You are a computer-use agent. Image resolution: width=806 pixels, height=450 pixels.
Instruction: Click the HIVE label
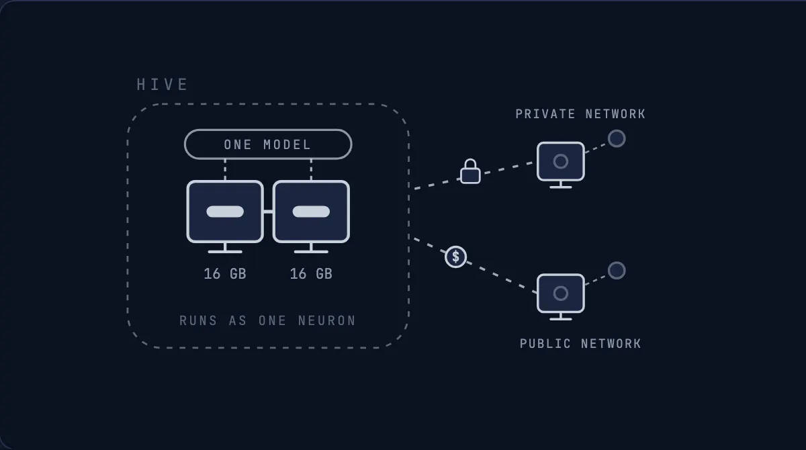coord(162,85)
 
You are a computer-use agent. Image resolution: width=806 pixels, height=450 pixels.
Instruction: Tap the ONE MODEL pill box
coord(268,144)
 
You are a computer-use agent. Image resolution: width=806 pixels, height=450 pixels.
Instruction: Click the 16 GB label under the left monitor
coord(225,274)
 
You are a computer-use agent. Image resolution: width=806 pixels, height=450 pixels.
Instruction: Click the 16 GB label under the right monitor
coord(311,274)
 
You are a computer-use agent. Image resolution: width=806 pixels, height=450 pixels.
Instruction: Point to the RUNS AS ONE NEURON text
coord(268,320)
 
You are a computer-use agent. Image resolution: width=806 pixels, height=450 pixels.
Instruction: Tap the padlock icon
coord(470,171)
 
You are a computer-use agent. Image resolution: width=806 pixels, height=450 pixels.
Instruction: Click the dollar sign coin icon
coord(455,257)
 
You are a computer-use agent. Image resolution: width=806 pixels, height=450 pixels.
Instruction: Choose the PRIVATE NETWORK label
coord(580,114)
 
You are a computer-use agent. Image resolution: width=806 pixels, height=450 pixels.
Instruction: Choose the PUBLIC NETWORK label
coord(580,343)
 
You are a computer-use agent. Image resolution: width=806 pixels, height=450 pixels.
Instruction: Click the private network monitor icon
coord(561,165)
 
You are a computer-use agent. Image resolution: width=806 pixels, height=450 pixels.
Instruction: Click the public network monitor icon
coord(561,297)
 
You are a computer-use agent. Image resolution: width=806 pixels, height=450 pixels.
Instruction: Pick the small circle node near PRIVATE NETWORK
coord(617,138)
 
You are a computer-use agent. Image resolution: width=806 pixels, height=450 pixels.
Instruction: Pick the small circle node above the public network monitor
coord(617,271)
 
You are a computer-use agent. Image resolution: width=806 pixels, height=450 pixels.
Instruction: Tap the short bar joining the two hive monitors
coord(268,212)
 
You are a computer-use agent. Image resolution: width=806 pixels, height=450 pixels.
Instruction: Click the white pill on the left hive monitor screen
coord(225,212)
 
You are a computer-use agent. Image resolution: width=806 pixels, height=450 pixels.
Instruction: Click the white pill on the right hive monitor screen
coord(311,212)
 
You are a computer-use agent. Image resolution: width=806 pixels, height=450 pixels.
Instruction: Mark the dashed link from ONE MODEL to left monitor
coord(225,170)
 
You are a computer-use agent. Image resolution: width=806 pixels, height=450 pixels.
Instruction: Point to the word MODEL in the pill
coord(287,144)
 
